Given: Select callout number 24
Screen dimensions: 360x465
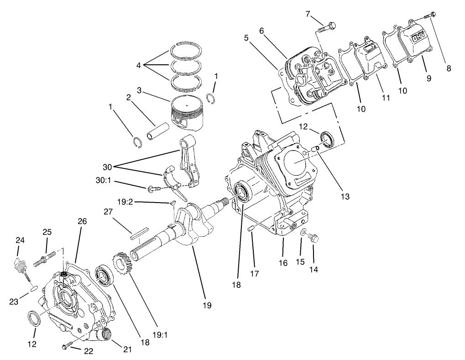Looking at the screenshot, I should pyautogui.click(x=20, y=240).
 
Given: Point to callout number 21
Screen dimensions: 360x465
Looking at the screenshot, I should pyautogui.click(x=127, y=350).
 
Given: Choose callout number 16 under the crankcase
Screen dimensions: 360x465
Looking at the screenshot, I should pyautogui.click(x=283, y=263).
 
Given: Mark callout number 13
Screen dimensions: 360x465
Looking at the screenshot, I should pyautogui.click(x=345, y=197).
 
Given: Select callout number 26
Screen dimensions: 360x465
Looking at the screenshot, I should pyautogui.click(x=82, y=221).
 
